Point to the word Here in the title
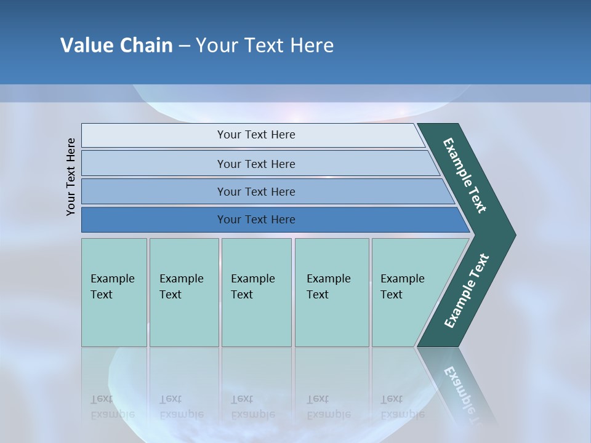pyautogui.click(x=312, y=46)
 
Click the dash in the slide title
pyautogui.click(x=184, y=46)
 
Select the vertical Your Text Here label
pyautogui.click(x=71, y=177)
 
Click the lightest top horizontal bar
pyautogui.click(x=255, y=135)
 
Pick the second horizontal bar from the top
pyautogui.click(x=255, y=164)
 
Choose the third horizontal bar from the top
pyautogui.click(x=255, y=191)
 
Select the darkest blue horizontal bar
pyautogui.click(x=255, y=220)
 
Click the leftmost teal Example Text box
pyautogui.click(x=114, y=292)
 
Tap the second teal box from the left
pyautogui.click(x=183, y=292)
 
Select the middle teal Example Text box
pyautogui.click(x=256, y=292)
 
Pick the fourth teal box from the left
pyautogui.click(x=331, y=292)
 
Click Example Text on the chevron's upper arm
pyautogui.click(x=465, y=175)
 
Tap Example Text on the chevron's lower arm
pyautogui.click(x=467, y=291)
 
